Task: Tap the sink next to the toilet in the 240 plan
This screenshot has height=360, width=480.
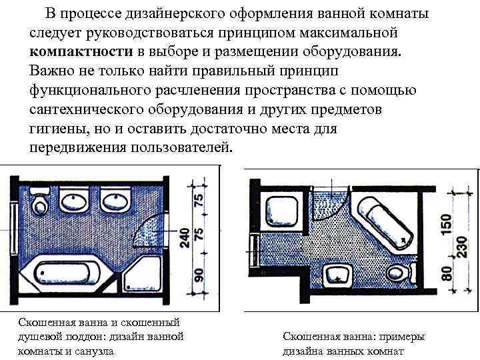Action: coord(73,199)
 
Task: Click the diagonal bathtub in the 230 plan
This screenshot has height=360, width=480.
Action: coord(385,223)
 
